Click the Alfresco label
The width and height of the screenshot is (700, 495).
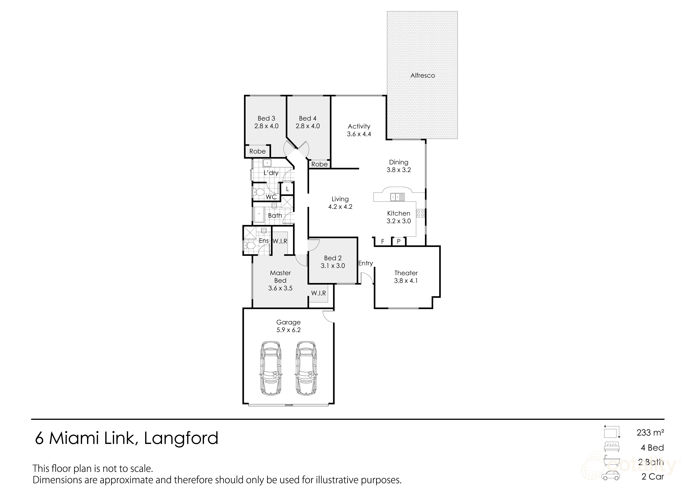[x=423, y=75]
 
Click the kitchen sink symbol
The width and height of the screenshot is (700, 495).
[x=397, y=197]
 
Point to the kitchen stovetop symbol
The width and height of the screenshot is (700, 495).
[x=420, y=213]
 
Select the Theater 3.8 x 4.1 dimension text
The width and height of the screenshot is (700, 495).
[x=406, y=281]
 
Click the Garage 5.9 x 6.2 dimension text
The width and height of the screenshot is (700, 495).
[x=288, y=330]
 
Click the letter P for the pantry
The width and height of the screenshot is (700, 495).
[x=399, y=242]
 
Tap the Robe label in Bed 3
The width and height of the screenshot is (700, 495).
[x=257, y=151]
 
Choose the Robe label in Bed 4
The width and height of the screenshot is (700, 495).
[x=319, y=164]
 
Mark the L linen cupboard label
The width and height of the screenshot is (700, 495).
[x=287, y=189]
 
